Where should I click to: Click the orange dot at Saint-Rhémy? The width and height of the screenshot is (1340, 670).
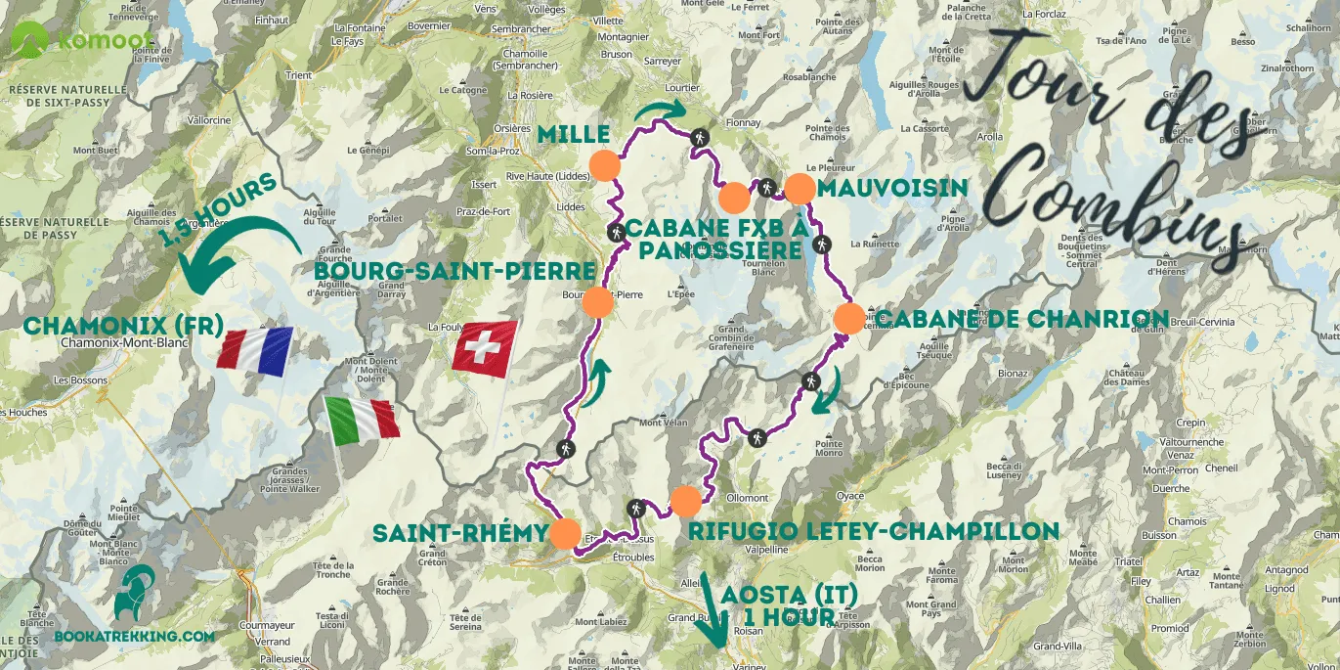click(x=565, y=533)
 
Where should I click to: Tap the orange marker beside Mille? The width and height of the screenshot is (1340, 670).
click(x=604, y=164)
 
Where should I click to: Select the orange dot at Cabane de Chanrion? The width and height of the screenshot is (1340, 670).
click(x=848, y=318)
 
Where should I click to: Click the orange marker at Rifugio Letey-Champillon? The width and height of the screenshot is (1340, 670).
click(x=686, y=501)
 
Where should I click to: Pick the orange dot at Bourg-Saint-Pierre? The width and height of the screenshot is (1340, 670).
click(x=597, y=303)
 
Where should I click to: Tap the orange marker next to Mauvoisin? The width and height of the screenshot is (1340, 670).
click(x=800, y=188)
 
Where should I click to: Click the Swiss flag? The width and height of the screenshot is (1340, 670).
click(x=485, y=349)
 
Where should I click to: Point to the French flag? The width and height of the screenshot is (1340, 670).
click(x=255, y=351)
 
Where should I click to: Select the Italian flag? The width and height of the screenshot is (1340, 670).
click(x=362, y=419)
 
